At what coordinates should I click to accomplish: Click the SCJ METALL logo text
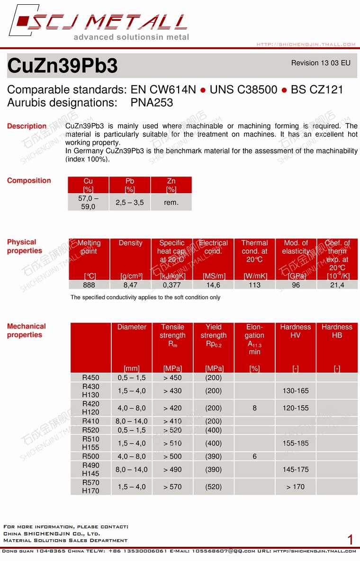point(107,22)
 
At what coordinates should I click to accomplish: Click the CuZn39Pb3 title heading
point(63,66)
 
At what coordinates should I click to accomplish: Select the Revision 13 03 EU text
point(321,63)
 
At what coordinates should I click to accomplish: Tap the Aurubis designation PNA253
point(152,103)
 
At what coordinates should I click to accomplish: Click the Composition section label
point(29,180)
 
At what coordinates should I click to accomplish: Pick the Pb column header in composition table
point(130,185)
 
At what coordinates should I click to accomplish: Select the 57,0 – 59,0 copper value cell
point(88,202)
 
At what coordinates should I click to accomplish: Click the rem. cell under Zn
point(171,203)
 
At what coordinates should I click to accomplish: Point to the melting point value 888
point(89,285)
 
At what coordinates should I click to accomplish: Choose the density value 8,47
point(130,285)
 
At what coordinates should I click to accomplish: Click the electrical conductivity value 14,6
point(213,285)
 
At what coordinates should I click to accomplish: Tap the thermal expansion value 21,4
point(337,285)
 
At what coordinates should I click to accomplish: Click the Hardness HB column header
point(337,331)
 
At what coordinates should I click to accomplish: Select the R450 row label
point(90,378)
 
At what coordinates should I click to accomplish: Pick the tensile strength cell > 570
point(172,487)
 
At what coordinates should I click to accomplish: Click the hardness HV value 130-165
point(296,391)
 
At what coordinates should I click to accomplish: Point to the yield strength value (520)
point(214,487)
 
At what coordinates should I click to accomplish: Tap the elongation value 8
point(254,408)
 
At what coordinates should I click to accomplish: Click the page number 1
point(350,540)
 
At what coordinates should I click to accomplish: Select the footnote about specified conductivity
point(145,297)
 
